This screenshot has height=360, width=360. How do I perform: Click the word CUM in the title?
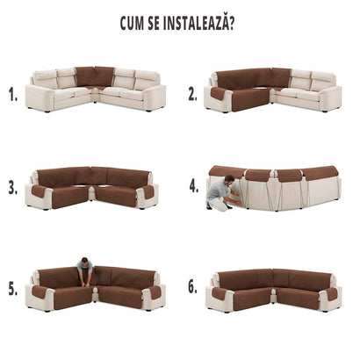(132, 24)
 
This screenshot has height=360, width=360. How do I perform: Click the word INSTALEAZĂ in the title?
(195, 23)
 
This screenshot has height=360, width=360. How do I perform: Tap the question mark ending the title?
(231, 24)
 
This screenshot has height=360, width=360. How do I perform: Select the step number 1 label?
(13, 95)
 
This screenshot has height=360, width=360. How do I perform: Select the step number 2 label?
(192, 94)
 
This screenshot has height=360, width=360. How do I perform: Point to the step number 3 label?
(13, 188)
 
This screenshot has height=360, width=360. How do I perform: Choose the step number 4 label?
(194, 186)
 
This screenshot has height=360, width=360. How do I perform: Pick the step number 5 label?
(13, 289)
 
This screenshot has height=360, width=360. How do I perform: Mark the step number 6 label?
(192, 287)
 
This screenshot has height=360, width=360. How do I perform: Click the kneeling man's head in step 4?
(230, 179)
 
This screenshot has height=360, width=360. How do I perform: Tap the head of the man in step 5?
(84, 261)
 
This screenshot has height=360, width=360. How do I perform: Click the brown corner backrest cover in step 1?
(95, 76)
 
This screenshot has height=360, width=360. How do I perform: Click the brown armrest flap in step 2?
(217, 93)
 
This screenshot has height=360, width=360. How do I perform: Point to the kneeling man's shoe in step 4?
(209, 205)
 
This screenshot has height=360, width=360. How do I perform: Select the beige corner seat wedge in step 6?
(274, 293)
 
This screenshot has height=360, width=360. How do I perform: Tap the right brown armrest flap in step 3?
(148, 191)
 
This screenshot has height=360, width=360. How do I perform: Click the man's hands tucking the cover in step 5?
(85, 284)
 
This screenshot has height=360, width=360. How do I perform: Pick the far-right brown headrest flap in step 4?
(320, 171)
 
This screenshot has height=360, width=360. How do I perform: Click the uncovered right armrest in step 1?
(155, 97)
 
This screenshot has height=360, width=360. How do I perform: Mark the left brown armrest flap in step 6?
(219, 293)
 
